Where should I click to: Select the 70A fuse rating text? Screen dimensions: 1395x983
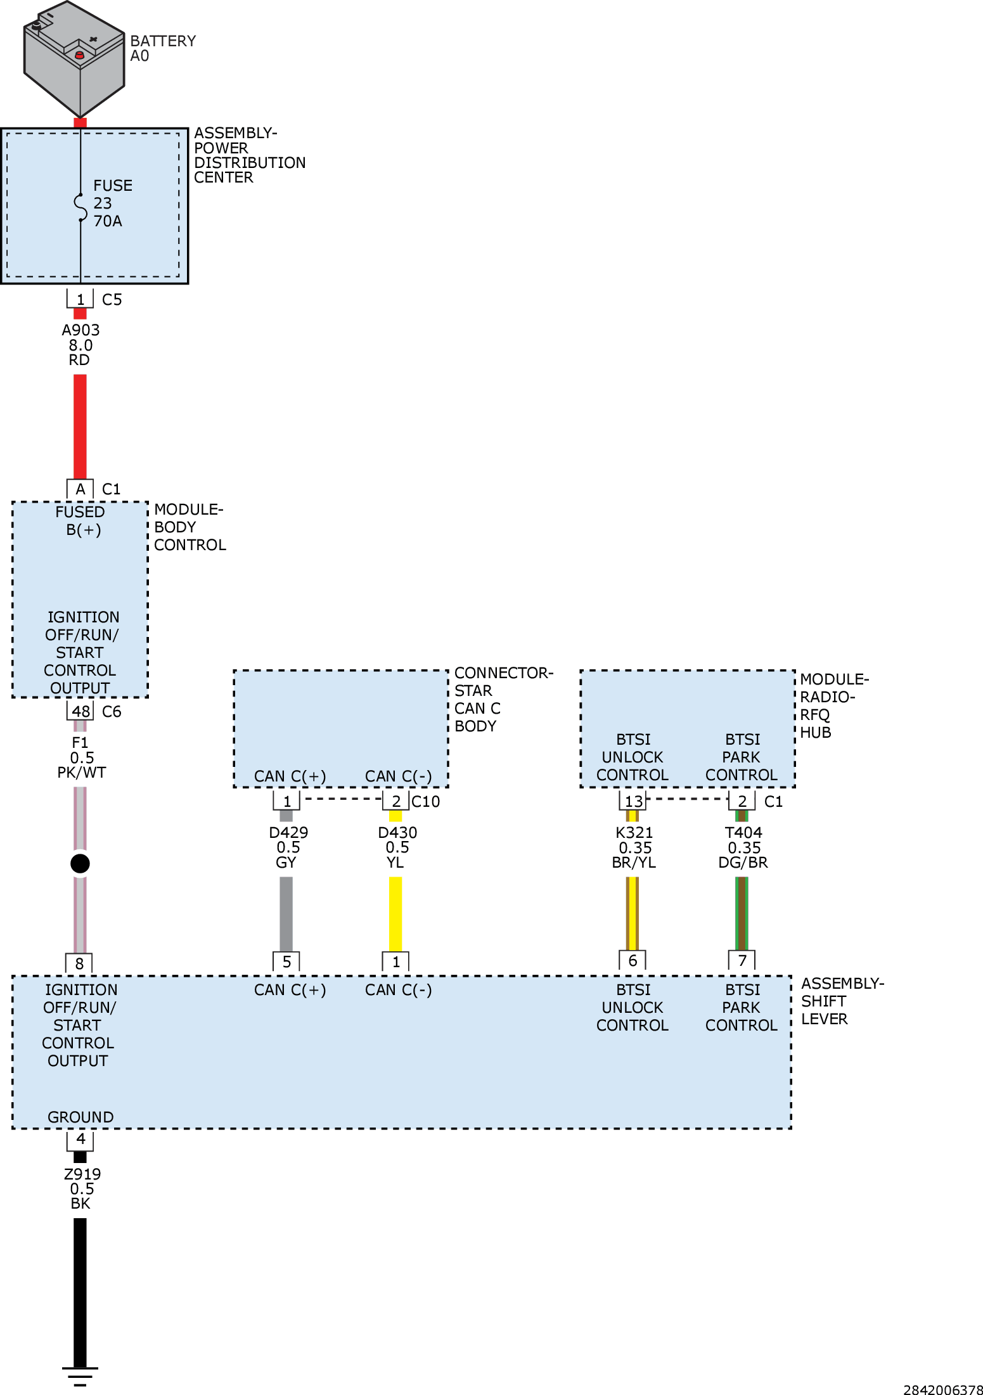(108, 221)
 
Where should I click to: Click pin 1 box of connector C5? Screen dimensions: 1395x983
(80, 299)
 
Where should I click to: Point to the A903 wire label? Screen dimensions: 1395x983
(80, 330)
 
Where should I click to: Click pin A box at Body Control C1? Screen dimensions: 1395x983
(80, 489)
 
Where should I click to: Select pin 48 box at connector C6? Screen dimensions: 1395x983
(80, 711)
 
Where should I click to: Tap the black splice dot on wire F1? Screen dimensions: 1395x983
(80, 863)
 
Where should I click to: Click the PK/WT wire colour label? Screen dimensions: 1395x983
(82, 773)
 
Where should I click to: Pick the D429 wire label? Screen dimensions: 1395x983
(288, 832)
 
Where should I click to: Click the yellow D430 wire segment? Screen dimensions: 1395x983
(395, 913)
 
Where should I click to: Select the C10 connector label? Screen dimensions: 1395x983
(426, 802)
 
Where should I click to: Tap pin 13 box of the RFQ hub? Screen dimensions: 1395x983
(633, 801)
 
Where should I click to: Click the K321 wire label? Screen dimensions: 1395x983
(634, 832)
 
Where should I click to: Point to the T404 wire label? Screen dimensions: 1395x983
(743, 832)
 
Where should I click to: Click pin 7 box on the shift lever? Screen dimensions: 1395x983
(742, 961)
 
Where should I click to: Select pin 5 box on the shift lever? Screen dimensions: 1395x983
(286, 962)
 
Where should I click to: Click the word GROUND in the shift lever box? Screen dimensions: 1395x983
(80, 1117)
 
